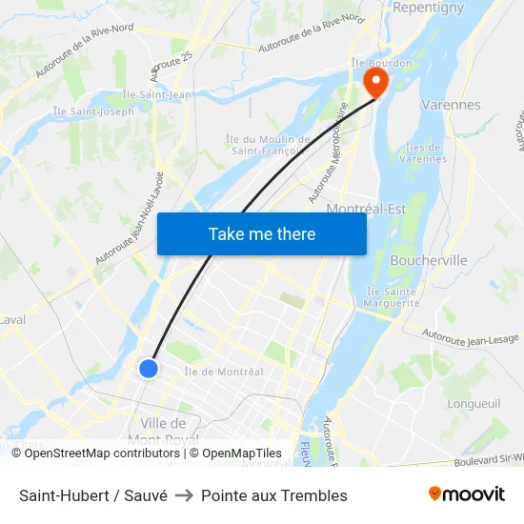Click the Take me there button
[262, 234]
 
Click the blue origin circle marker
[148, 368]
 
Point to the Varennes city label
[451, 105]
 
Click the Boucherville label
[430, 260]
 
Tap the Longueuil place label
[474, 403]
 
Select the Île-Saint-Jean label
[157, 94]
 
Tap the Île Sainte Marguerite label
[392, 297]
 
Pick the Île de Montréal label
[224, 372]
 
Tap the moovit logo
[467, 494]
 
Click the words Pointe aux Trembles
[274, 495]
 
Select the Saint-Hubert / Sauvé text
[93, 495]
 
